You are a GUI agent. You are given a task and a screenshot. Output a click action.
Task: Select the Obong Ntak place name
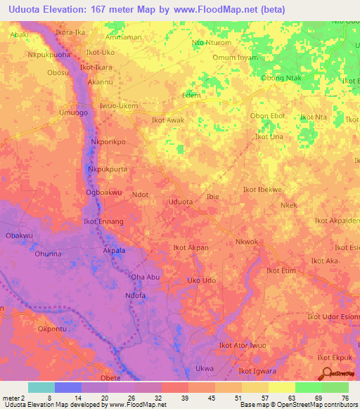(281, 78)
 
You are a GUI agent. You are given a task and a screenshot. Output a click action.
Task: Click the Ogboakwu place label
(104, 192)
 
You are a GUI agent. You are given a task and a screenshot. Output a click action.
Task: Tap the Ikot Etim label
(281, 270)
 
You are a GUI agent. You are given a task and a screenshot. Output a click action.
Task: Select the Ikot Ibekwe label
(262, 190)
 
